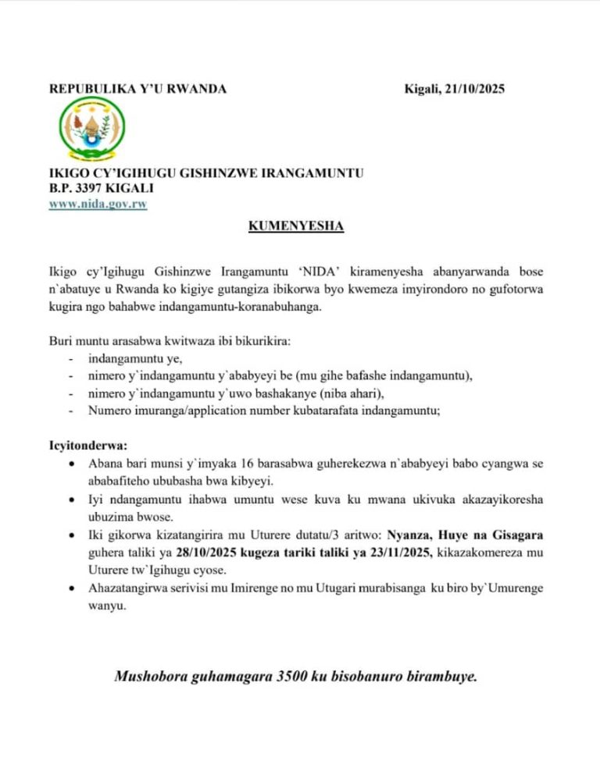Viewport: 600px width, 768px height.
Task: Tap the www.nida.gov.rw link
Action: [x=98, y=204]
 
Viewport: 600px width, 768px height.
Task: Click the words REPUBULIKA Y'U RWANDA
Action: [x=137, y=89]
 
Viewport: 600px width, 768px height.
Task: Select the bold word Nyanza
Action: [x=409, y=535]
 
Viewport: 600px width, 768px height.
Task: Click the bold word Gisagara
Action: [x=510, y=535]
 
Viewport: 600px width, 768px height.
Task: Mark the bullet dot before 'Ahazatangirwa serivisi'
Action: [x=72, y=589]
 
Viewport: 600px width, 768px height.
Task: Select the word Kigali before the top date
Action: [x=422, y=89]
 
